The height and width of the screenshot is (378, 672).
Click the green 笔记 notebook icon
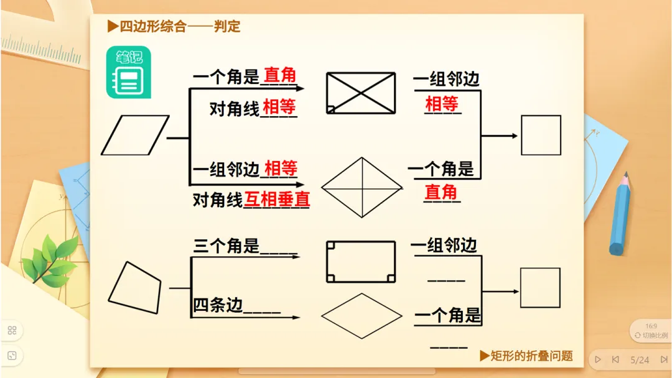129,72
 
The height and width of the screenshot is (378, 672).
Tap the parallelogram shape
135,135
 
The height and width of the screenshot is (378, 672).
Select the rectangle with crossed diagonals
361,93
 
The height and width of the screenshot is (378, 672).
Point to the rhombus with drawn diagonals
362,187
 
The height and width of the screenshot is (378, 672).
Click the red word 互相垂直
277,199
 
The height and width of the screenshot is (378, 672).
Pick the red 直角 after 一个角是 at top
280,76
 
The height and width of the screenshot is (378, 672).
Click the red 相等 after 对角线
279,108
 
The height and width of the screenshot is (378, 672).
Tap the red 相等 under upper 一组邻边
441,103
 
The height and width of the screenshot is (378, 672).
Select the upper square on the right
541,135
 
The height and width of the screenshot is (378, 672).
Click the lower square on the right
540,288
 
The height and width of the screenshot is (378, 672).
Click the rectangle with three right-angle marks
361,261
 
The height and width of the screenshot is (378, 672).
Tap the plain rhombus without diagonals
362,315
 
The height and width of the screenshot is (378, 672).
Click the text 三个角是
226,246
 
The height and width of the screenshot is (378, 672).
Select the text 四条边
218,305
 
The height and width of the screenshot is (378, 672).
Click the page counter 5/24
640,360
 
